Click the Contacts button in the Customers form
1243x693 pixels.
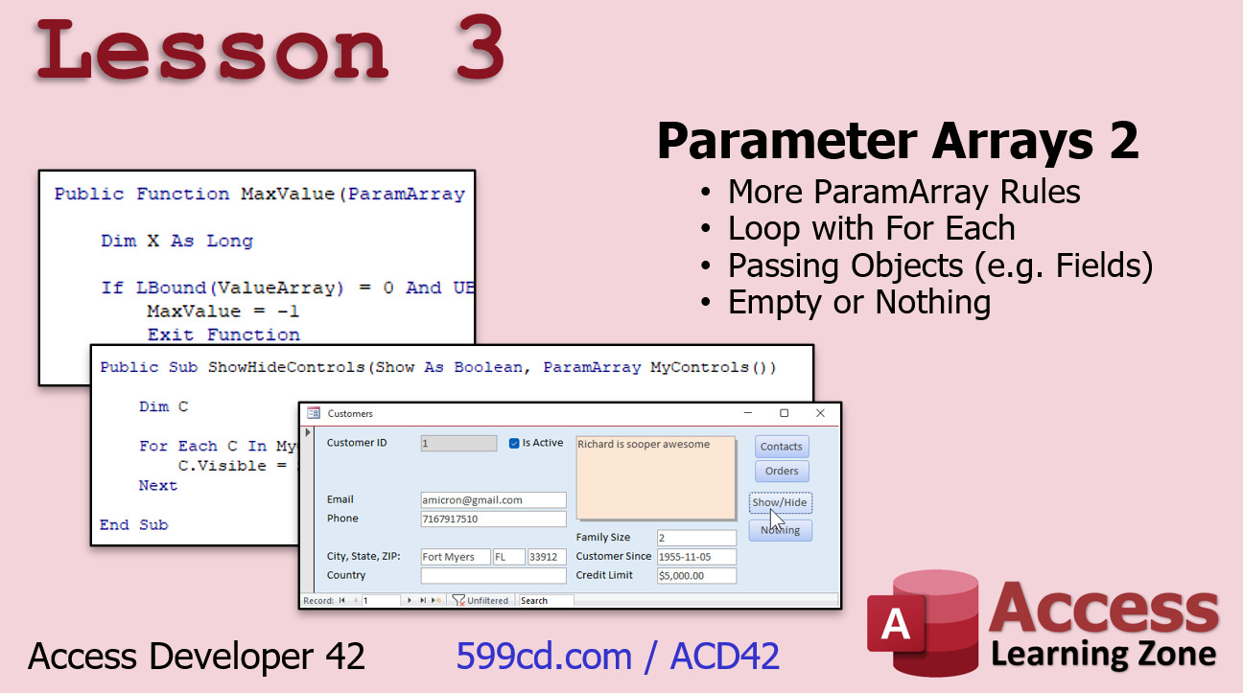coord(782,447)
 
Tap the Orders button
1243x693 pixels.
coord(782,472)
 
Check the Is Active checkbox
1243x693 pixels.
coord(514,443)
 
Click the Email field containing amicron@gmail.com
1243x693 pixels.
coord(493,500)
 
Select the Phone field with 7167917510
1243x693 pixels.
coord(493,519)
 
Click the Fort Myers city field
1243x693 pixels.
coord(455,557)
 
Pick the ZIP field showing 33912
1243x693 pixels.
coord(547,557)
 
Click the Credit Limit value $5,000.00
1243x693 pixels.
coord(696,575)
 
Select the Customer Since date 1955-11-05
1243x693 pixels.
coord(696,557)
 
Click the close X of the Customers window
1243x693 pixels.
coord(820,413)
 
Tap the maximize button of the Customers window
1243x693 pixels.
coord(785,413)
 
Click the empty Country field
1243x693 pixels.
coord(493,575)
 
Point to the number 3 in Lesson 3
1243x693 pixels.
coord(480,47)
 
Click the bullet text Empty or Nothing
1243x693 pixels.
coord(859,303)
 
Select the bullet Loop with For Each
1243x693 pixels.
coord(871,228)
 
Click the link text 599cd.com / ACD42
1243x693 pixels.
coord(618,657)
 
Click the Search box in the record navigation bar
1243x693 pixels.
coord(546,600)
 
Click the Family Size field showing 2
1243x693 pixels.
coord(696,538)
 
